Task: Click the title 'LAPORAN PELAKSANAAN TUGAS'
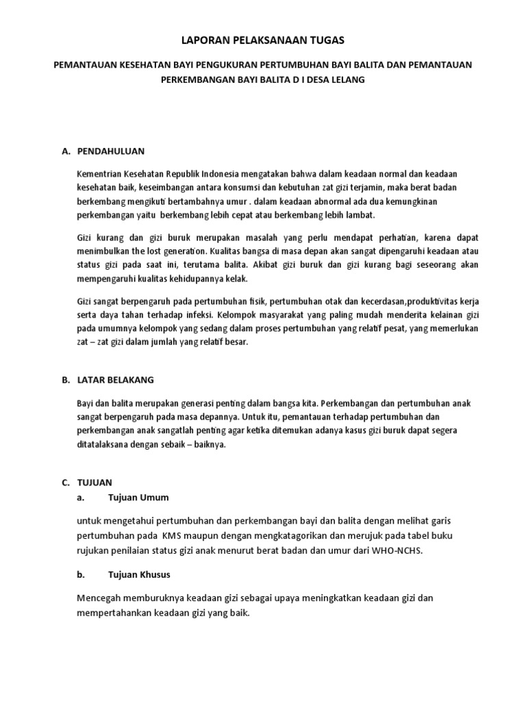click(263, 41)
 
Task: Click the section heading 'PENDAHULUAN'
click(111, 150)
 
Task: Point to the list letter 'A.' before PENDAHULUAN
click(66, 150)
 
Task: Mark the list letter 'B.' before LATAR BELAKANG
click(66, 379)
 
